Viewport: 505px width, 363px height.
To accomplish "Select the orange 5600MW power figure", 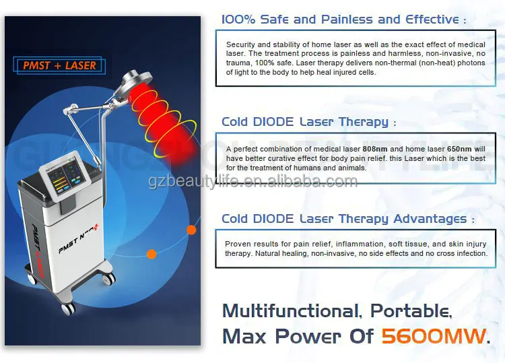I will [x=432, y=335].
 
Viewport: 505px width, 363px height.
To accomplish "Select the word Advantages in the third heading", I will [x=429, y=218].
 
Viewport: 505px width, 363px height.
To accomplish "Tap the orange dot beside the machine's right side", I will [x=191, y=230].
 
